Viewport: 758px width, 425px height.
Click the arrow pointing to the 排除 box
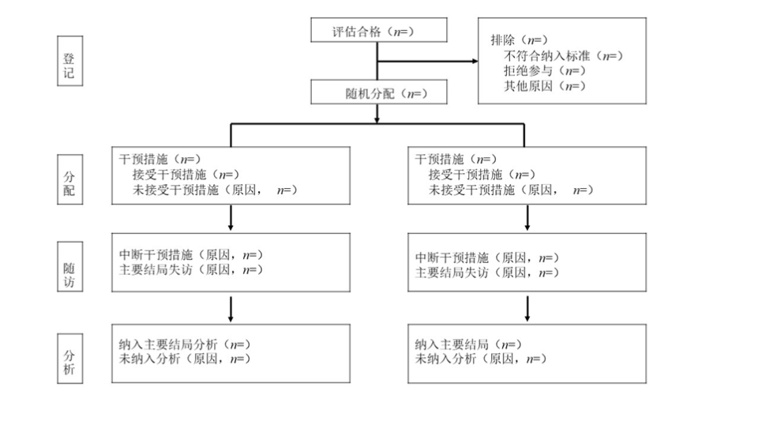point(472,62)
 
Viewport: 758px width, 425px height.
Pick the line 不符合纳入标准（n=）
point(563,55)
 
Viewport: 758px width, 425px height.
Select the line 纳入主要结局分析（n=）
point(183,344)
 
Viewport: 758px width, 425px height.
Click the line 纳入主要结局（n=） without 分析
point(467,344)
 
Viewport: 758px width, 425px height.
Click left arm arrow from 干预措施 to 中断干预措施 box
point(231,216)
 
